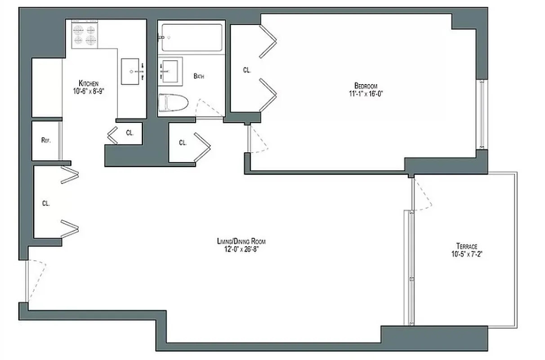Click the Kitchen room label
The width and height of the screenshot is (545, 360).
coord(89,83)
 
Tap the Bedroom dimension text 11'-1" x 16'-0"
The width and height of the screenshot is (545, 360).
coord(365,94)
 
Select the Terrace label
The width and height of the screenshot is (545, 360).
coord(466,246)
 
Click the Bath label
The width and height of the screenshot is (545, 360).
coord(199,76)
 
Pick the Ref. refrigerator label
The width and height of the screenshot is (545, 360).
coord(45,140)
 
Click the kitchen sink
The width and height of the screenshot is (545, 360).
coord(133,71)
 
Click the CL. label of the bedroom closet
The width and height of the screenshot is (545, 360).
coord(246,70)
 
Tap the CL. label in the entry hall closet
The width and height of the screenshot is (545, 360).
coord(45,203)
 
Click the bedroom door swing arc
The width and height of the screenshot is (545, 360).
coord(258,140)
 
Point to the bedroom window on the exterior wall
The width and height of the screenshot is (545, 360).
coord(482,115)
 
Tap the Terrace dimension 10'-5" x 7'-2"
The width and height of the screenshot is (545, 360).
coord(467,254)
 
